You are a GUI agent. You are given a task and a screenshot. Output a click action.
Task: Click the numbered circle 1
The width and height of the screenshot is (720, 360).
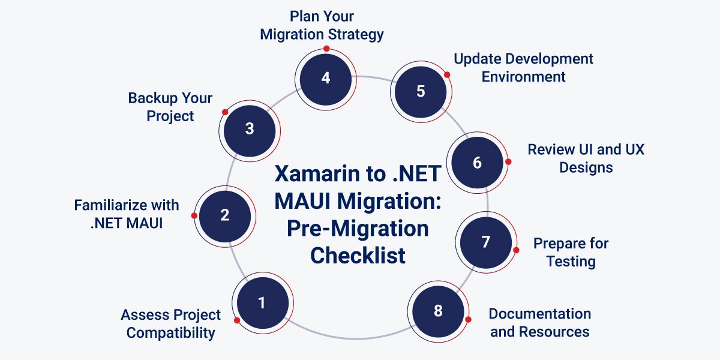point(263,303)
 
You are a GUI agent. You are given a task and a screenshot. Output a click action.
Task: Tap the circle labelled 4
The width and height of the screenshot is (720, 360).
point(326,79)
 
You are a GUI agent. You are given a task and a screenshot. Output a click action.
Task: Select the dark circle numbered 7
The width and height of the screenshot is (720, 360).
point(486,242)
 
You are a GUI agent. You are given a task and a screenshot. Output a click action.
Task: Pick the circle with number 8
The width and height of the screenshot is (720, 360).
point(438,311)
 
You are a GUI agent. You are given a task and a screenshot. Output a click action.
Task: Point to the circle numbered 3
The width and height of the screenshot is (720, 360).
point(250,131)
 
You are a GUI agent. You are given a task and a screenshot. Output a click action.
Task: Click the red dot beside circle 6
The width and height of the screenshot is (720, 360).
point(508,161)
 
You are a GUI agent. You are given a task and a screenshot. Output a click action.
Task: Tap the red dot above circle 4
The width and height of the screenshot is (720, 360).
point(326,49)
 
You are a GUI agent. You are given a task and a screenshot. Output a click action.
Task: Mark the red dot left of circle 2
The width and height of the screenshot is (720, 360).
point(194,215)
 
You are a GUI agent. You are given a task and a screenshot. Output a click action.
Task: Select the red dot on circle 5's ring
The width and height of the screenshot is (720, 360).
point(447,75)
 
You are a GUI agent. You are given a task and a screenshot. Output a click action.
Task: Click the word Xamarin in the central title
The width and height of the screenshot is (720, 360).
point(331,174)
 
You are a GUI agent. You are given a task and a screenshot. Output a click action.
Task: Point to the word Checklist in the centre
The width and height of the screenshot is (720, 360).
point(358,256)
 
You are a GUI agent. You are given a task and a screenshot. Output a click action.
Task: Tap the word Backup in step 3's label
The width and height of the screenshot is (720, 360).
point(152,98)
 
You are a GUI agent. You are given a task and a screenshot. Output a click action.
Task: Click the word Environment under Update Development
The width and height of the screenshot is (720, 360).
point(524,77)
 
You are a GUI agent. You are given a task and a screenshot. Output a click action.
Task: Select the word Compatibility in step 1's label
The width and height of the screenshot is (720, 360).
point(170,333)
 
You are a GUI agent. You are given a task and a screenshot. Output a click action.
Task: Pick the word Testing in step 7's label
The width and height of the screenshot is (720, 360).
point(571,262)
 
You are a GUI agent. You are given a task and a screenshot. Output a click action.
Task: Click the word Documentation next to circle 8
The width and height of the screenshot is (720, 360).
point(540,314)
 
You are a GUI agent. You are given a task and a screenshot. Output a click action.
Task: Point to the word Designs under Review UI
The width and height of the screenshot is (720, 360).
point(586,168)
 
